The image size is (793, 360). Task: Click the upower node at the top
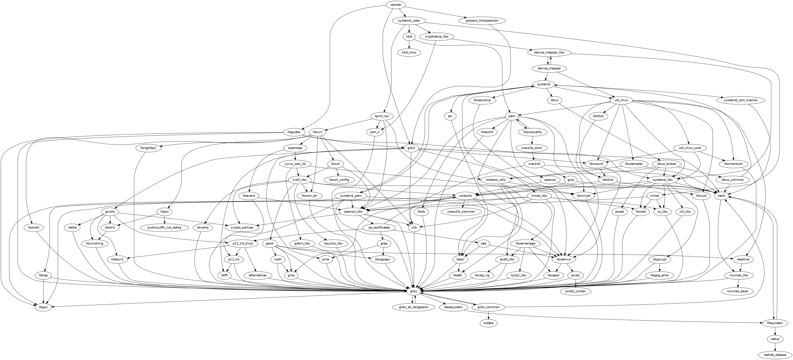click(396, 5)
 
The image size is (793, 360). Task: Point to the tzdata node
click(488, 323)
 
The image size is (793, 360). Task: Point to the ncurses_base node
click(737, 291)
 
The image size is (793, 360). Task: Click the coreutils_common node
click(461, 212)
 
